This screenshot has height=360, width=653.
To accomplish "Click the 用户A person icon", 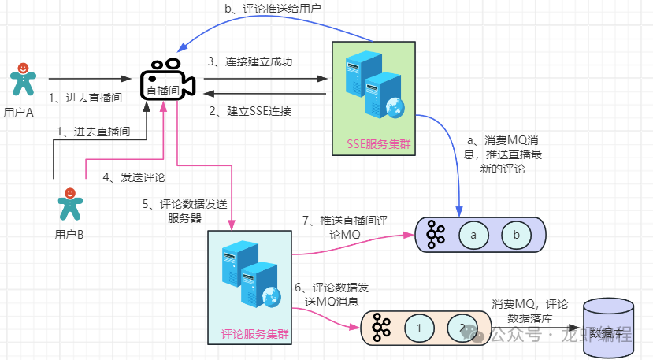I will pos(23,79).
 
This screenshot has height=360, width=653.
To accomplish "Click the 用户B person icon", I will pos(70,204).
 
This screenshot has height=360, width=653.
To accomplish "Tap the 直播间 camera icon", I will pos(167,80).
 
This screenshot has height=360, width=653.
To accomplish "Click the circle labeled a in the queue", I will pos(473,235).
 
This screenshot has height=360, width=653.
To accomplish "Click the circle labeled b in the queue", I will pos(516,235).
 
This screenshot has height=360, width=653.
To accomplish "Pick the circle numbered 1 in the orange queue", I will pos(420,327).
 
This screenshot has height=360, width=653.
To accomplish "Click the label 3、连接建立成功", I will pos(250,61).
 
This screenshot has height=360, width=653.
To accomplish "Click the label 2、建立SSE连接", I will pos(250,111).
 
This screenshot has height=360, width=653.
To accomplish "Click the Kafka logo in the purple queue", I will pos(435,235).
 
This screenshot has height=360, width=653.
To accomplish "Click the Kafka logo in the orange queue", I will pos(381,327).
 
